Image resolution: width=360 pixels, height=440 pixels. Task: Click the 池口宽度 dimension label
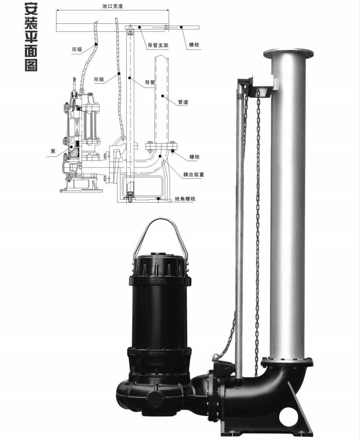[x=112, y=6]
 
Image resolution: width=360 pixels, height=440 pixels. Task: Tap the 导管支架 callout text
[x=159, y=45]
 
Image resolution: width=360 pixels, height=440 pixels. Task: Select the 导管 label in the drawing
[x=150, y=82]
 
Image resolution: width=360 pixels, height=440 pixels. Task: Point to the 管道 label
[x=183, y=102]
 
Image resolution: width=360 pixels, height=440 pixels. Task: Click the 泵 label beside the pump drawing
[x=53, y=151]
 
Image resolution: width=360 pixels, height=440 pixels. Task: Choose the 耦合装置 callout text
[x=193, y=175]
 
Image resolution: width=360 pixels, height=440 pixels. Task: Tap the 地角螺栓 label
[x=185, y=199]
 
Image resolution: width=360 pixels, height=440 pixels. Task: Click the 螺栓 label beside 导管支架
[x=194, y=45]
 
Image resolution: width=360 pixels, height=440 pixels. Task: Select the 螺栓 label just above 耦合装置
[x=194, y=157]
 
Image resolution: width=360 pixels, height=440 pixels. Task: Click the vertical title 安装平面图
[x=31, y=37]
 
